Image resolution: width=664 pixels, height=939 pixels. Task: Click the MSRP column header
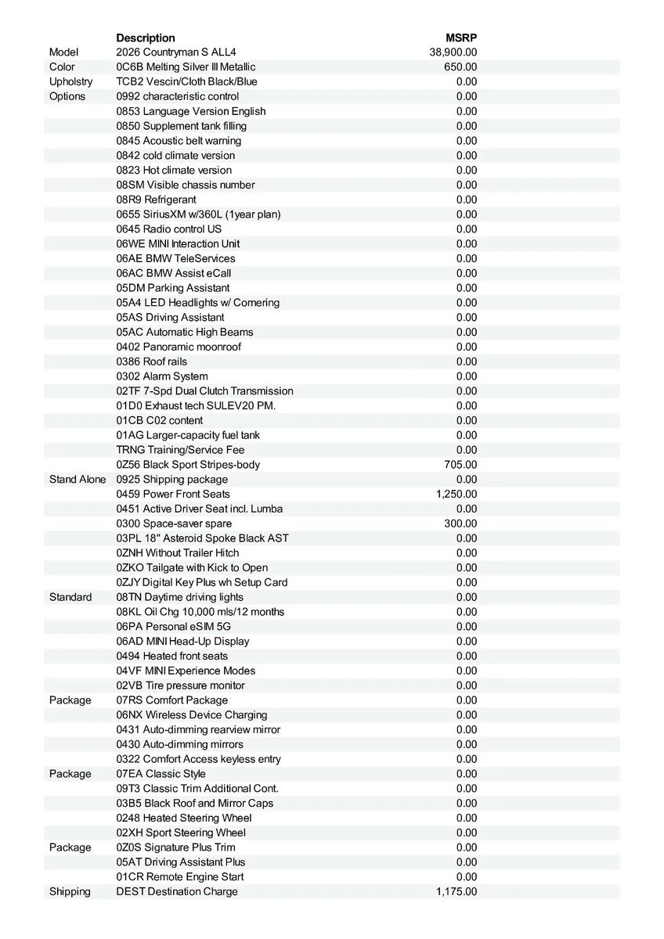(x=461, y=38)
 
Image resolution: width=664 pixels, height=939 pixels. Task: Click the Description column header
(x=146, y=38)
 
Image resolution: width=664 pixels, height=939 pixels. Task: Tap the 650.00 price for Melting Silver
(x=460, y=67)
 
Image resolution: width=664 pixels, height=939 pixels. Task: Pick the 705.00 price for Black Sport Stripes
(x=460, y=465)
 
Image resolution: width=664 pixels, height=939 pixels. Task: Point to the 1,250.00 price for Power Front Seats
(x=456, y=494)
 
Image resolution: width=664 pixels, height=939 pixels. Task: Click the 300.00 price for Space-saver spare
(x=460, y=523)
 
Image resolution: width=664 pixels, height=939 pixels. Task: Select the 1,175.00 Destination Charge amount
(x=456, y=891)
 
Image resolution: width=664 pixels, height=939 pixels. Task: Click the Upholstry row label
(x=70, y=82)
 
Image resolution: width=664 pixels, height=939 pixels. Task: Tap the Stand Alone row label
(x=77, y=479)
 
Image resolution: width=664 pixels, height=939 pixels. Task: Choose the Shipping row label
(x=70, y=891)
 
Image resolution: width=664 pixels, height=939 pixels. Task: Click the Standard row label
(x=70, y=597)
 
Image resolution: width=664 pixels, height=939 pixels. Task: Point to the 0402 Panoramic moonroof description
(x=179, y=347)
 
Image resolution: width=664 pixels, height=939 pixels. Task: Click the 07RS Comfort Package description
(x=172, y=700)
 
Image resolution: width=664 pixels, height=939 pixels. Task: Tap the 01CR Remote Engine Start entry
(x=180, y=877)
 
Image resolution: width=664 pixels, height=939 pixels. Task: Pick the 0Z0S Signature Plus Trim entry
(x=175, y=847)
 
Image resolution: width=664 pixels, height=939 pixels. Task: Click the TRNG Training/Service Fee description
(x=180, y=450)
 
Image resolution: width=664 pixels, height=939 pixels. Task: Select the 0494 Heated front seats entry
(x=172, y=656)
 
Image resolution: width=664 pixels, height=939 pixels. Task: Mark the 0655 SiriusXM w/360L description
(x=198, y=214)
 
